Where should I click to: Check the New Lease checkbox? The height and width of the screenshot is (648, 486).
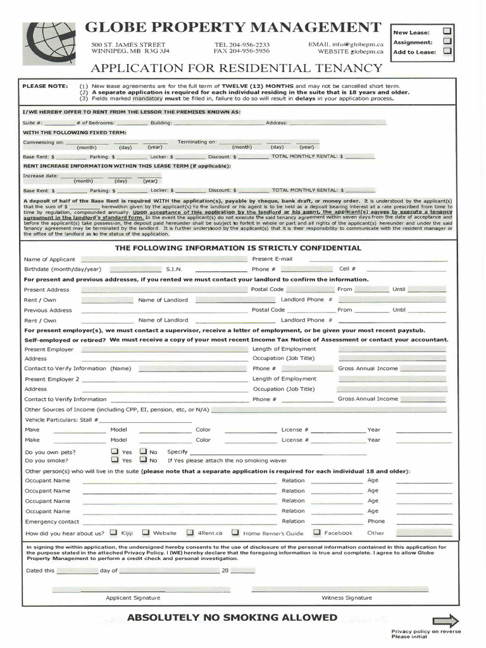tap(447, 30)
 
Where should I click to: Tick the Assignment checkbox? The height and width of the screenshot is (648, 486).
tap(447, 41)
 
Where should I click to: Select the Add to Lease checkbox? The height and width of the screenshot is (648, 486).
tap(447, 51)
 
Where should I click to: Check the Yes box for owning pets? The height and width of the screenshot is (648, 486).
tap(115, 451)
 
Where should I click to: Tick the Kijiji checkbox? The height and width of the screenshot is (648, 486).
tap(114, 533)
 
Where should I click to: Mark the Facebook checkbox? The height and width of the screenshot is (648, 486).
tap(317, 533)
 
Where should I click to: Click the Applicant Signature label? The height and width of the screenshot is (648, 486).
tap(133, 597)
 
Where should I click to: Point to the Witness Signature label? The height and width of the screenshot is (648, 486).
tap(346, 597)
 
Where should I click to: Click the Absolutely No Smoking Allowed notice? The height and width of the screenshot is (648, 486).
tap(232, 617)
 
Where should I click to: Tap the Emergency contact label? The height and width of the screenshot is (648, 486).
tap(52, 521)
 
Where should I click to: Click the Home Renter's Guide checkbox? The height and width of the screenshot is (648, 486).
tap(235, 533)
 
